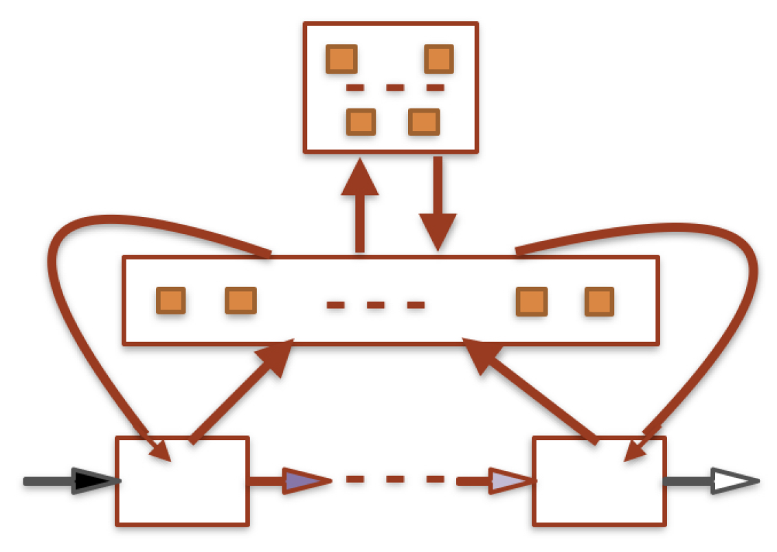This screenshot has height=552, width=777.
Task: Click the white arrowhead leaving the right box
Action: [734, 481]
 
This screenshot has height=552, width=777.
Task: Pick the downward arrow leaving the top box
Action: [437, 206]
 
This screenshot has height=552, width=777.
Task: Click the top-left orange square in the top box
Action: [341, 59]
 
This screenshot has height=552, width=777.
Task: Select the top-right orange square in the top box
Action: [439, 59]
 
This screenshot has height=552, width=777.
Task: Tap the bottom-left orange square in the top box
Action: [361, 122]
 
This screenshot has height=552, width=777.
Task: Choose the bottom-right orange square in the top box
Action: [423, 122]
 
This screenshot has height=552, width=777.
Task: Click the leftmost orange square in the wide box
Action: [171, 301]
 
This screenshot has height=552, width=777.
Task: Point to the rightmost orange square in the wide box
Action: [599, 301]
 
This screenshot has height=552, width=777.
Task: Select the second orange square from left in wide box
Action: [240, 301]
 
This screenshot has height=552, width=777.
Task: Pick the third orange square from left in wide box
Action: [532, 301]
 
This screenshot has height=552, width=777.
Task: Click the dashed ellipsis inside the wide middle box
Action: [375, 305]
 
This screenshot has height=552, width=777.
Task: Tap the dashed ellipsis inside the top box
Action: [394, 88]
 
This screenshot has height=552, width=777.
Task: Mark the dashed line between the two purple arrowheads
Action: [394, 479]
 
